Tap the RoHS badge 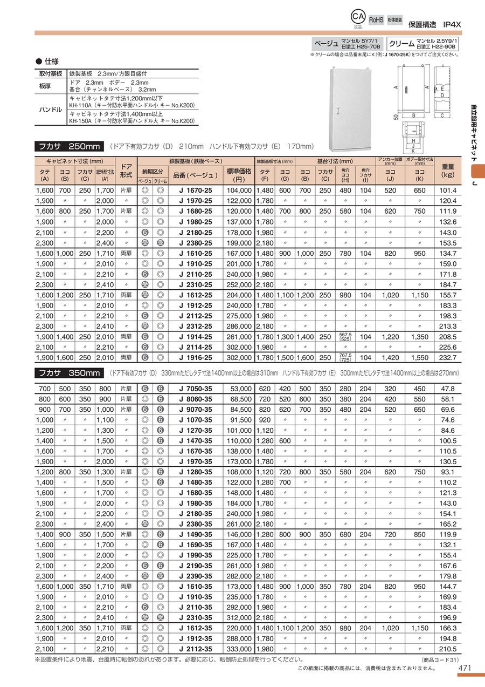(376, 20)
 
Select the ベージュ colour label (326, 43)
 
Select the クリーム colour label (401, 43)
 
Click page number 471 (465, 668)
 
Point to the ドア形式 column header (126, 171)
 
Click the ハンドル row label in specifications (51, 110)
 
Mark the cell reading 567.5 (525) (345, 337)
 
